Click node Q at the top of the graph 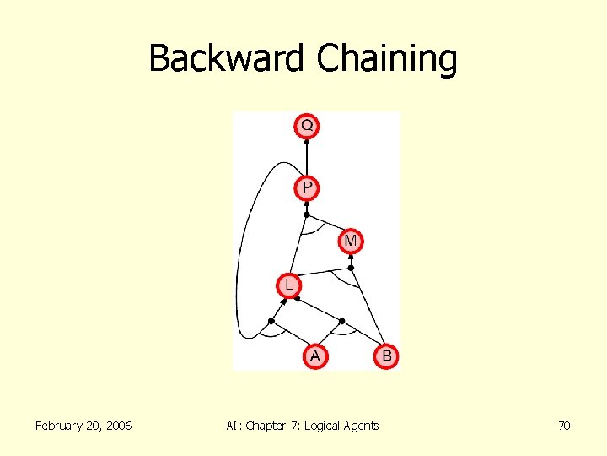[307, 126]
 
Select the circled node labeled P [307, 187]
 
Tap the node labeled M [351, 242]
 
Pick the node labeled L [288, 285]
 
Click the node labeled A [314, 356]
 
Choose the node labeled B [386, 356]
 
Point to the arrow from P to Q [307, 156]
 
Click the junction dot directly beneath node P [307, 214]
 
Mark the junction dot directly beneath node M [352, 269]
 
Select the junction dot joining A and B [341, 321]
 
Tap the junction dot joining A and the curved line [271, 321]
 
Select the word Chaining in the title [387, 59]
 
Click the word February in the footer [62, 426]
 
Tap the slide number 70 [564, 426]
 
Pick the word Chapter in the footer [266, 426]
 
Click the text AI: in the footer [234, 426]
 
